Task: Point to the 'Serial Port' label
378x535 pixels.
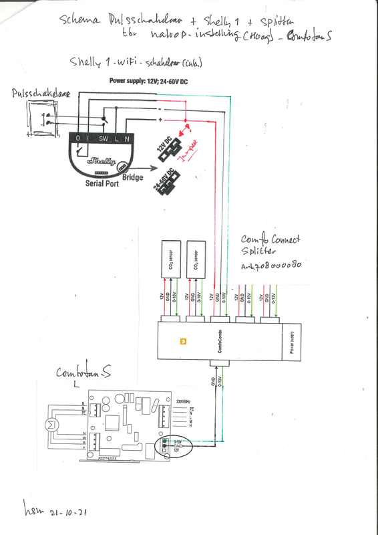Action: click(102, 182)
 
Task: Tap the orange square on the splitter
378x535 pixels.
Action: click(184, 342)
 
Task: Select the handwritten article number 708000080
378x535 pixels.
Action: click(273, 265)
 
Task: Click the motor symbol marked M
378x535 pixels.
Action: click(47, 425)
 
